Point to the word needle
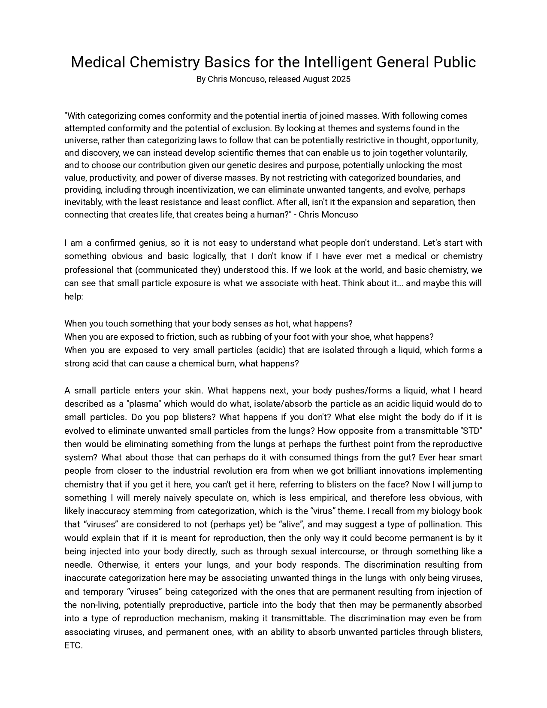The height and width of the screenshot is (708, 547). click(x=78, y=565)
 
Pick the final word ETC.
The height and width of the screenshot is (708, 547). click(x=73, y=645)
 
